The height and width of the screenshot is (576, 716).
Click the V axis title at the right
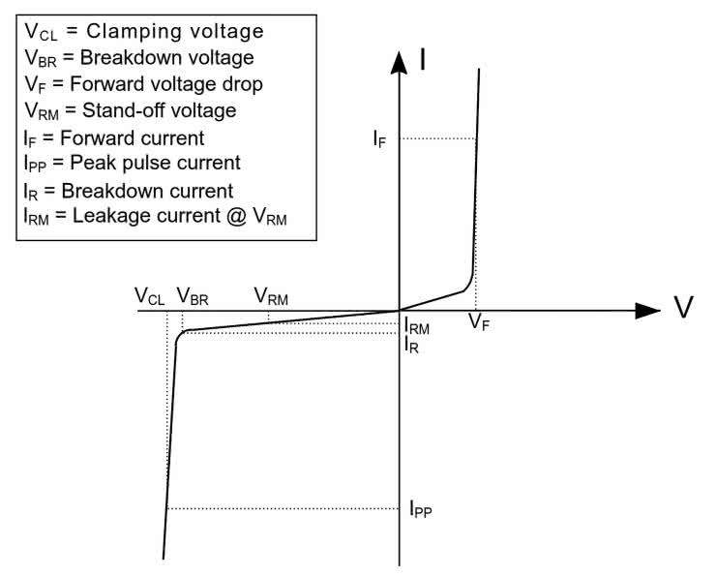pyautogui.click(x=684, y=309)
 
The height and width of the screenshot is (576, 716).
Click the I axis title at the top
pyautogui.click(x=425, y=58)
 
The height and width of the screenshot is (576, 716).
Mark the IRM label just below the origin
pyautogui.click(x=417, y=328)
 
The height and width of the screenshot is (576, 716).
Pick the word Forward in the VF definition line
pyautogui.click(x=98, y=84)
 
